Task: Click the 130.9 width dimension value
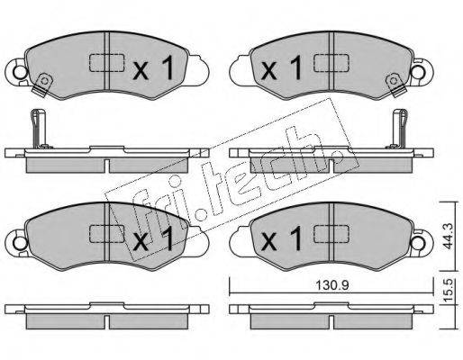pyautogui.click(x=331, y=285)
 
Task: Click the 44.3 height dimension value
pyautogui.click(x=449, y=237)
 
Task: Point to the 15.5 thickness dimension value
pyautogui.click(x=449, y=291)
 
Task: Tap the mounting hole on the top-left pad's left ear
pyautogui.click(x=20, y=72)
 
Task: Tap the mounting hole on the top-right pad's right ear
pyautogui.click(x=419, y=72)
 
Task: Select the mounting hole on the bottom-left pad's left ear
pyautogui.click(x=20, y=243)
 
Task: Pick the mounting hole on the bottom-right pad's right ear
pyautogui.click(x=419, y=243)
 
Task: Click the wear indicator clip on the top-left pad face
pyautogui.click(x=43, y=85)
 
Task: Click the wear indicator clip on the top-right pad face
pyautogui.click(x=395, y=85)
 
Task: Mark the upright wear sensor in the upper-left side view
pyautogui.click(x=39, y=129)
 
